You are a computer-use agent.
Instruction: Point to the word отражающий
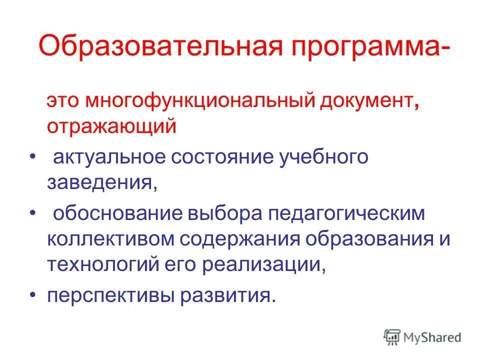click(112, 126)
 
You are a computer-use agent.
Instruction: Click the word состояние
click(223, 157)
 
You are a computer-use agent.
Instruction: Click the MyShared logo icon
click(392, 338)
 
